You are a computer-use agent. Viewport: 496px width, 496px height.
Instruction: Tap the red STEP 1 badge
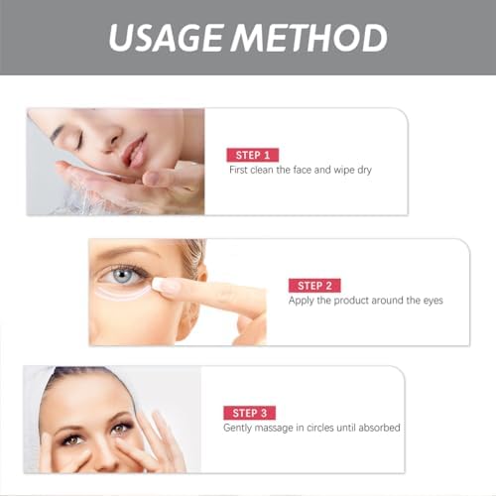[x=253, y=154]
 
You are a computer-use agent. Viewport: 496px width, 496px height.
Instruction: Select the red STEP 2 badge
[x=313, y=285]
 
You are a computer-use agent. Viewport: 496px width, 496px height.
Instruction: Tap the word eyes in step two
[x=430, y=300]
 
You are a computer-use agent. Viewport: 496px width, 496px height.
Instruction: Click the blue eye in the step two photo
[x=121, y=272]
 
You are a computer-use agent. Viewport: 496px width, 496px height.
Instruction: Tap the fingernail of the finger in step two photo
[x=168, y=287]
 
